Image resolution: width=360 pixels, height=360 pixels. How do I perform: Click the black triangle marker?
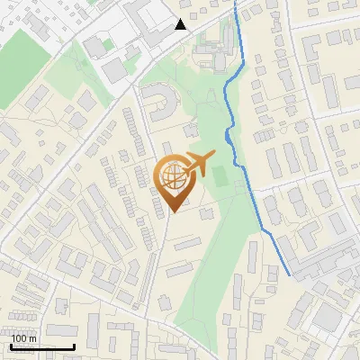pos(181,24)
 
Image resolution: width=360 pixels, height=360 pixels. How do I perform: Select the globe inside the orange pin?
pos(173,175)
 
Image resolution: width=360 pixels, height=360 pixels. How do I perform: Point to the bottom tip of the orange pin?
pos(173,212)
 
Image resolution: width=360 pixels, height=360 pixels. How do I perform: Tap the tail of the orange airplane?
pos(184,170)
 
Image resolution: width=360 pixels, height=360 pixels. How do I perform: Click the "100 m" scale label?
pos(23,338)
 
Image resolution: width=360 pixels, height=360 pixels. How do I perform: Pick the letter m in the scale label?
pos(32,338)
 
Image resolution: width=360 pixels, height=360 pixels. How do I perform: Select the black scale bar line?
pos(42,346)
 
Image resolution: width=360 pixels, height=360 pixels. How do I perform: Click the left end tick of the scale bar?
pos(12,345)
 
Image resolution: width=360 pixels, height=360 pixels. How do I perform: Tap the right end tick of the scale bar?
pos(74,345)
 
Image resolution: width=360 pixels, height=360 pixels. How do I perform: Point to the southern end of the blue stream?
pos(290,274)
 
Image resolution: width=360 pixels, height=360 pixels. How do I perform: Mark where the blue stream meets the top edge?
pos(237,2)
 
